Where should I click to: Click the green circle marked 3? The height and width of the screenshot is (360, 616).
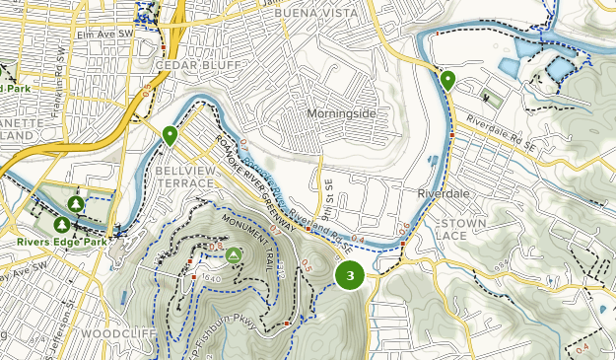pos(350,275)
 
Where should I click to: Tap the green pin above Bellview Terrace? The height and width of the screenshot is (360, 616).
pos(170,135)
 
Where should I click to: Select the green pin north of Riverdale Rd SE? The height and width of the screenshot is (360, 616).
pos(447,80)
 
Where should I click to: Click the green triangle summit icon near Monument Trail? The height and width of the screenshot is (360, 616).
pos(234,255)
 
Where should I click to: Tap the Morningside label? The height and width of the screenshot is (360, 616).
pos(341,113)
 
